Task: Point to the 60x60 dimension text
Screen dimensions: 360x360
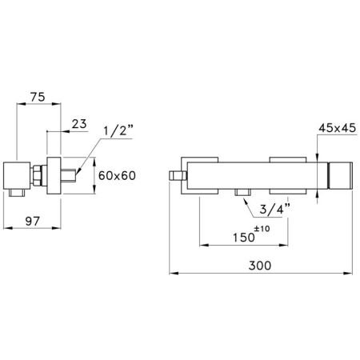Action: click(x=117, y=175)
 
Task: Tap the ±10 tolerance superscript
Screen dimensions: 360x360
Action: click(x=261, y=230)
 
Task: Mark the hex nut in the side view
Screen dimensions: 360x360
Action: click(x=38, y=175)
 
